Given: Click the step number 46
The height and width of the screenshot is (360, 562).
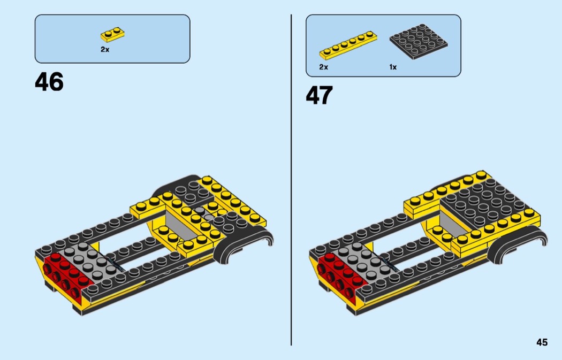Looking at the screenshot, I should [49, 82].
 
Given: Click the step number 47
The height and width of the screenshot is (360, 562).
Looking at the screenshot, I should [319, 96].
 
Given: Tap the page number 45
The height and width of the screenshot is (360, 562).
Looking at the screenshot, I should [542, 342].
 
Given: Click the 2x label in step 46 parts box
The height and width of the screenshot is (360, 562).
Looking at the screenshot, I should [105, 49].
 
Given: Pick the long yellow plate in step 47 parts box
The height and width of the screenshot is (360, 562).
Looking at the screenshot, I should [348, 45].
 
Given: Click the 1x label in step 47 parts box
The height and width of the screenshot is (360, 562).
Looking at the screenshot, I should [393, 67].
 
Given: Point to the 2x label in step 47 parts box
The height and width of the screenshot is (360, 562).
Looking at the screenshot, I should [323, 67].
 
